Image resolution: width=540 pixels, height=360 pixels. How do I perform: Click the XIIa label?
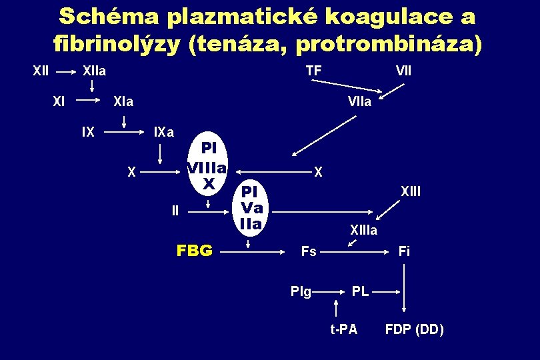[x=94, y=70]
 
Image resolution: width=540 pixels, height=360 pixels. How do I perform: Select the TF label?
[x=313, y=70]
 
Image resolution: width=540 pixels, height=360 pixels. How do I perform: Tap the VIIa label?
[x=359, y=102]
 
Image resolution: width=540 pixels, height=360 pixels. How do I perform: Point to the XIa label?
[x=123, y=102]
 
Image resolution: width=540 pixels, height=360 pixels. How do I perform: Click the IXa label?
[x=164, y=132]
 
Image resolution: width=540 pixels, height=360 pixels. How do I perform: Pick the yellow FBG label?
[x=194, y=251]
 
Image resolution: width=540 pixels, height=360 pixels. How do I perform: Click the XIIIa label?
[x=363, y=231]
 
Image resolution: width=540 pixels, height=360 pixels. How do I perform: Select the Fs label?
[x=309, y=251]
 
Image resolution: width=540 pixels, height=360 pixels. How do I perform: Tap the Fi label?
[x=404, y=251]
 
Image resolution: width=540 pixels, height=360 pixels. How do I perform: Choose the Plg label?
[x=301, y=291]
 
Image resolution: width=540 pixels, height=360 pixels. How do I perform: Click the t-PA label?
[x=344, y=329]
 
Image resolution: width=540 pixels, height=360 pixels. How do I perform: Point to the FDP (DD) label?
[x=414, y=329]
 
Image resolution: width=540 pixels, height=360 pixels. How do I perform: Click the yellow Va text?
[x=253, y=207]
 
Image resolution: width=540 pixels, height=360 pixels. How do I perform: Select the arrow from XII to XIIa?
[x=64, y=70]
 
